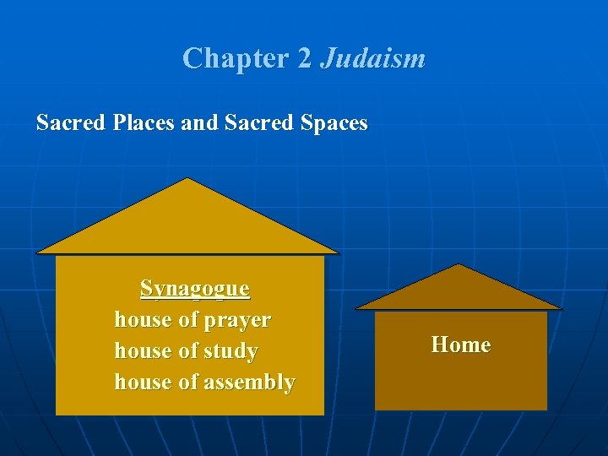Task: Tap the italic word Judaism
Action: [372, 58]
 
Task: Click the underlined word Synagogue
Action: [195, 289]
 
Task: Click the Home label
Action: [460, 345]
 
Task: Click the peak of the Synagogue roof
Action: [187, 181]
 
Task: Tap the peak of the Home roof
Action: [458, 266]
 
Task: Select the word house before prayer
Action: [143, 321]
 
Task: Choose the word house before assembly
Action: [143, 383]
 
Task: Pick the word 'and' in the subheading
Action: [199, 123]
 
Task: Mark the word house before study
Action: [143, 351]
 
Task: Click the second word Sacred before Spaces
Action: [257, 123]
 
